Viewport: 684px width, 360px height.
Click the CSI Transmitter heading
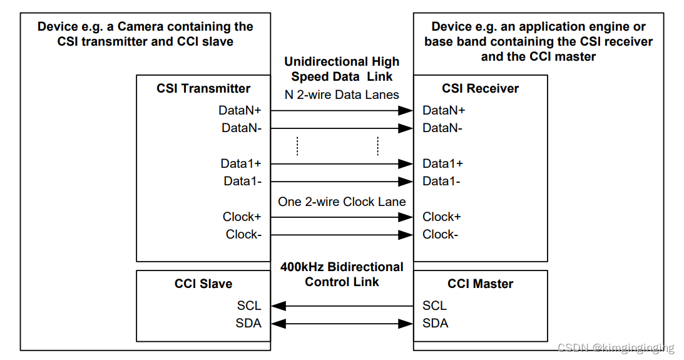203,88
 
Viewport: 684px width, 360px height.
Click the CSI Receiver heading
480,88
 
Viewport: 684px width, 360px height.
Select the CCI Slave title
203,284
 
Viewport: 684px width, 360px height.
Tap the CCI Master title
480,284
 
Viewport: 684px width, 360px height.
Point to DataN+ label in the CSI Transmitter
240,110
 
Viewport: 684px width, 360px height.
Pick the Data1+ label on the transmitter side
241,163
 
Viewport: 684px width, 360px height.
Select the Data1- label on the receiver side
441,181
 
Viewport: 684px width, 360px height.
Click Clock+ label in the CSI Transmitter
242,217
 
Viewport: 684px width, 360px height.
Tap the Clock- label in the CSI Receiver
440,234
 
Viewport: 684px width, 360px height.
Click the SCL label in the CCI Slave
249,306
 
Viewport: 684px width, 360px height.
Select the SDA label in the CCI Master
435,323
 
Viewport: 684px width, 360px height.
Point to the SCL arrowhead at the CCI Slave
278,306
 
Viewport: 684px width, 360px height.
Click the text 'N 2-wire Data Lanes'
342,95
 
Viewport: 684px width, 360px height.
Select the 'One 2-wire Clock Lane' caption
342,202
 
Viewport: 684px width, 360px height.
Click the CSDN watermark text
615,347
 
